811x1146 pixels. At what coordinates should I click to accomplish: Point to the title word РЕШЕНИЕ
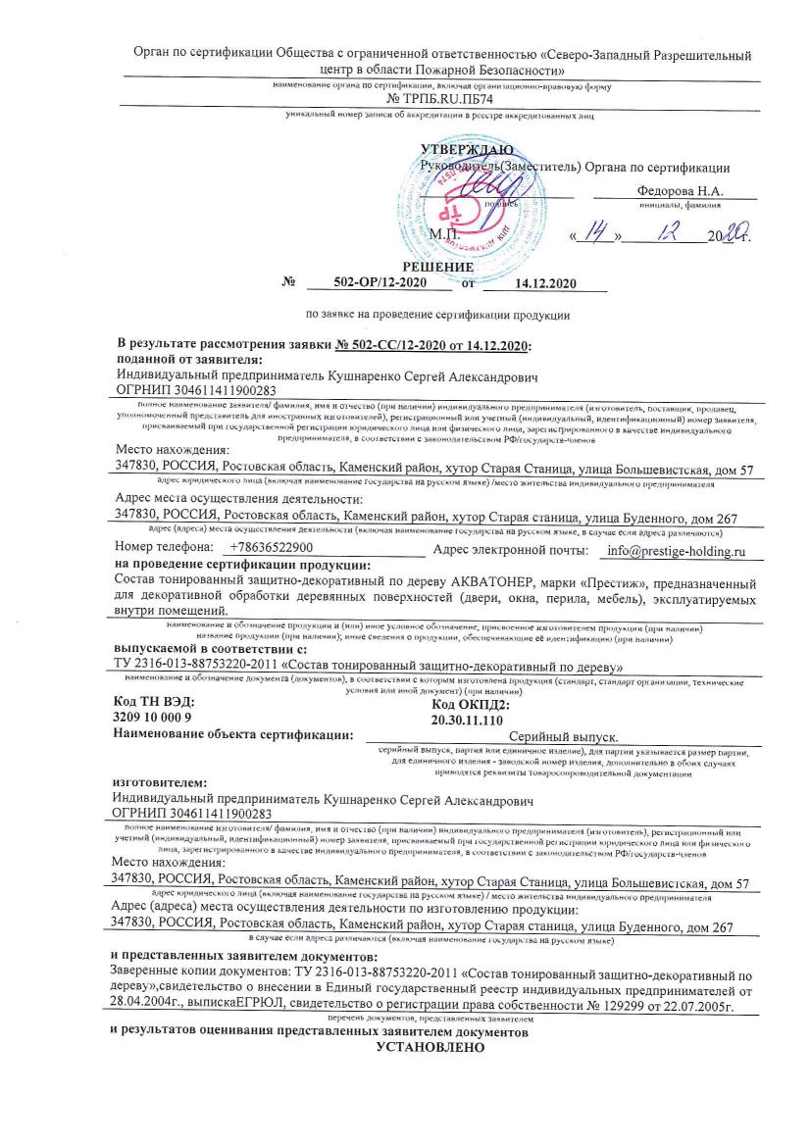(438, 267)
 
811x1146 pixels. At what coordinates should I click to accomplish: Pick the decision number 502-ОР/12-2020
(379, 283)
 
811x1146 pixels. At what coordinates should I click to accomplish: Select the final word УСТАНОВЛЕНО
(431, 1047)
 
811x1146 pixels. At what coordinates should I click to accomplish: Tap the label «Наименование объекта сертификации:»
(233, 733)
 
